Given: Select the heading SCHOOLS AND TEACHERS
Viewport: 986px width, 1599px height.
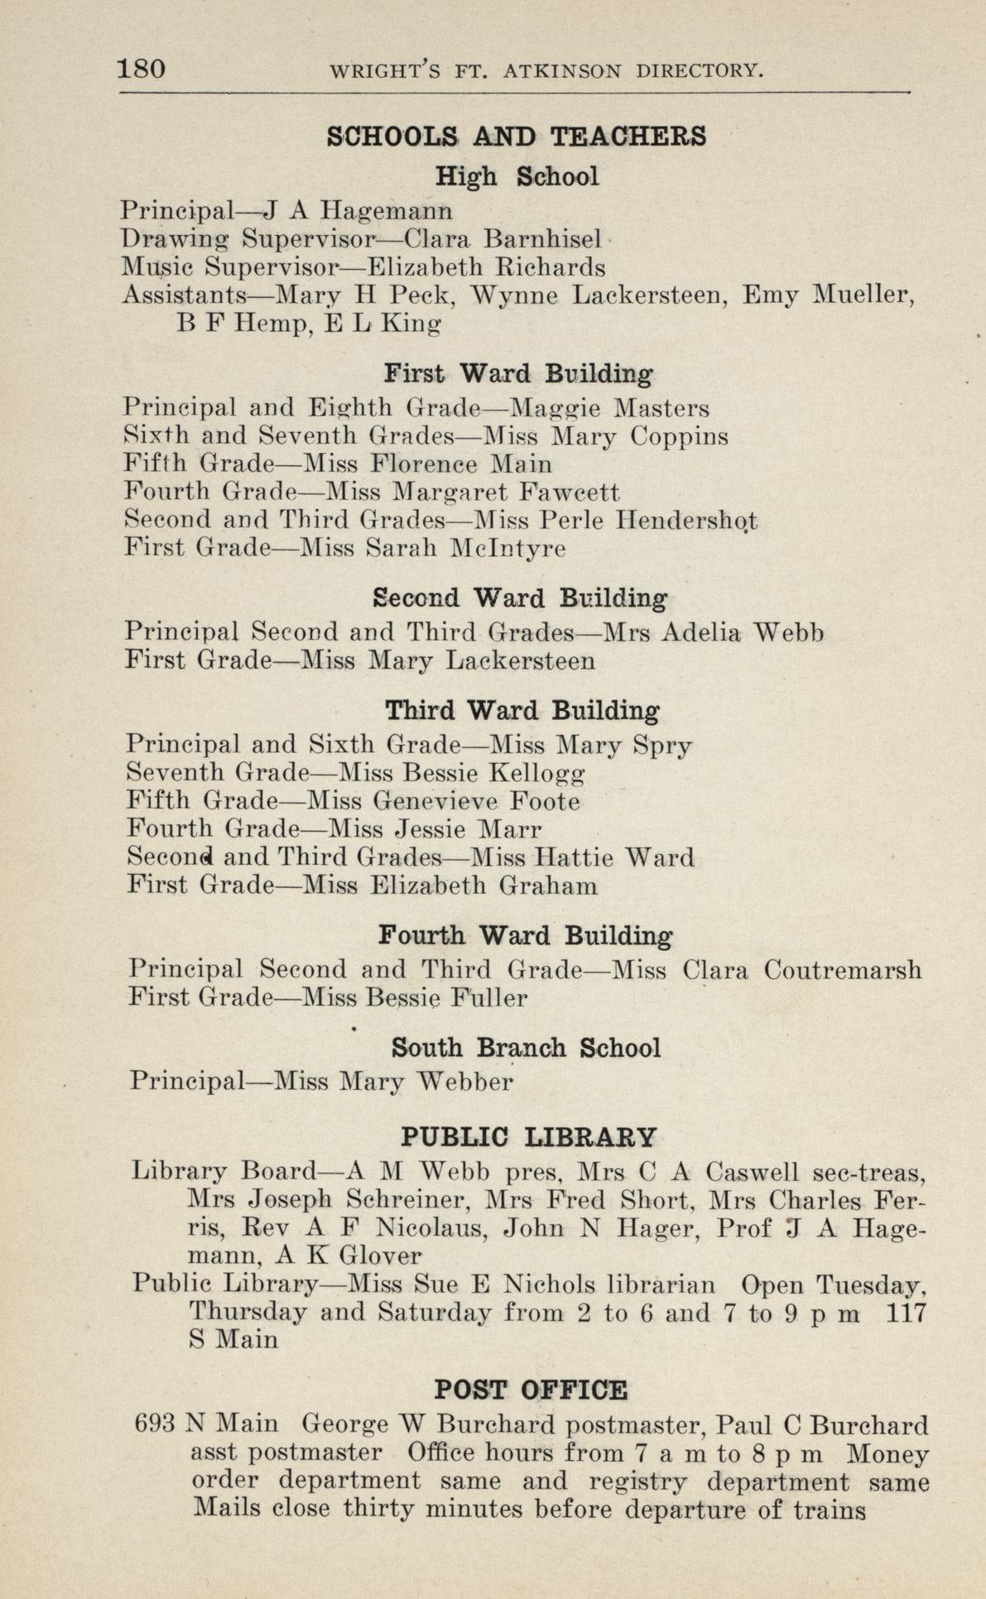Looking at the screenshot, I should (x=517, y=136).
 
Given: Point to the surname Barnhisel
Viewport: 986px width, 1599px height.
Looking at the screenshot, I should (x=542, y=239).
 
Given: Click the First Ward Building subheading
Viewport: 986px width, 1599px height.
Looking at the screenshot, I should (x=518, y=374).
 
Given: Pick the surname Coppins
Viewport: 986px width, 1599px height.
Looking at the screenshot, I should (x=680, y=436).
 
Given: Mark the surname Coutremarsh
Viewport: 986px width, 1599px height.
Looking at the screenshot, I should (x=842, y=969).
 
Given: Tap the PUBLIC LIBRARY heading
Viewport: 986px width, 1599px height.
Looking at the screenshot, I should (x=528, y=1136).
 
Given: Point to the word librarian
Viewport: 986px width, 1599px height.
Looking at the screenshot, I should (x=661, y=1285).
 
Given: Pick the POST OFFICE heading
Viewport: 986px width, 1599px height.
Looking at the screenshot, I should (x=531, y=1389).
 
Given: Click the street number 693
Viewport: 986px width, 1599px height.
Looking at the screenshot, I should (x=155, y=1425).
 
